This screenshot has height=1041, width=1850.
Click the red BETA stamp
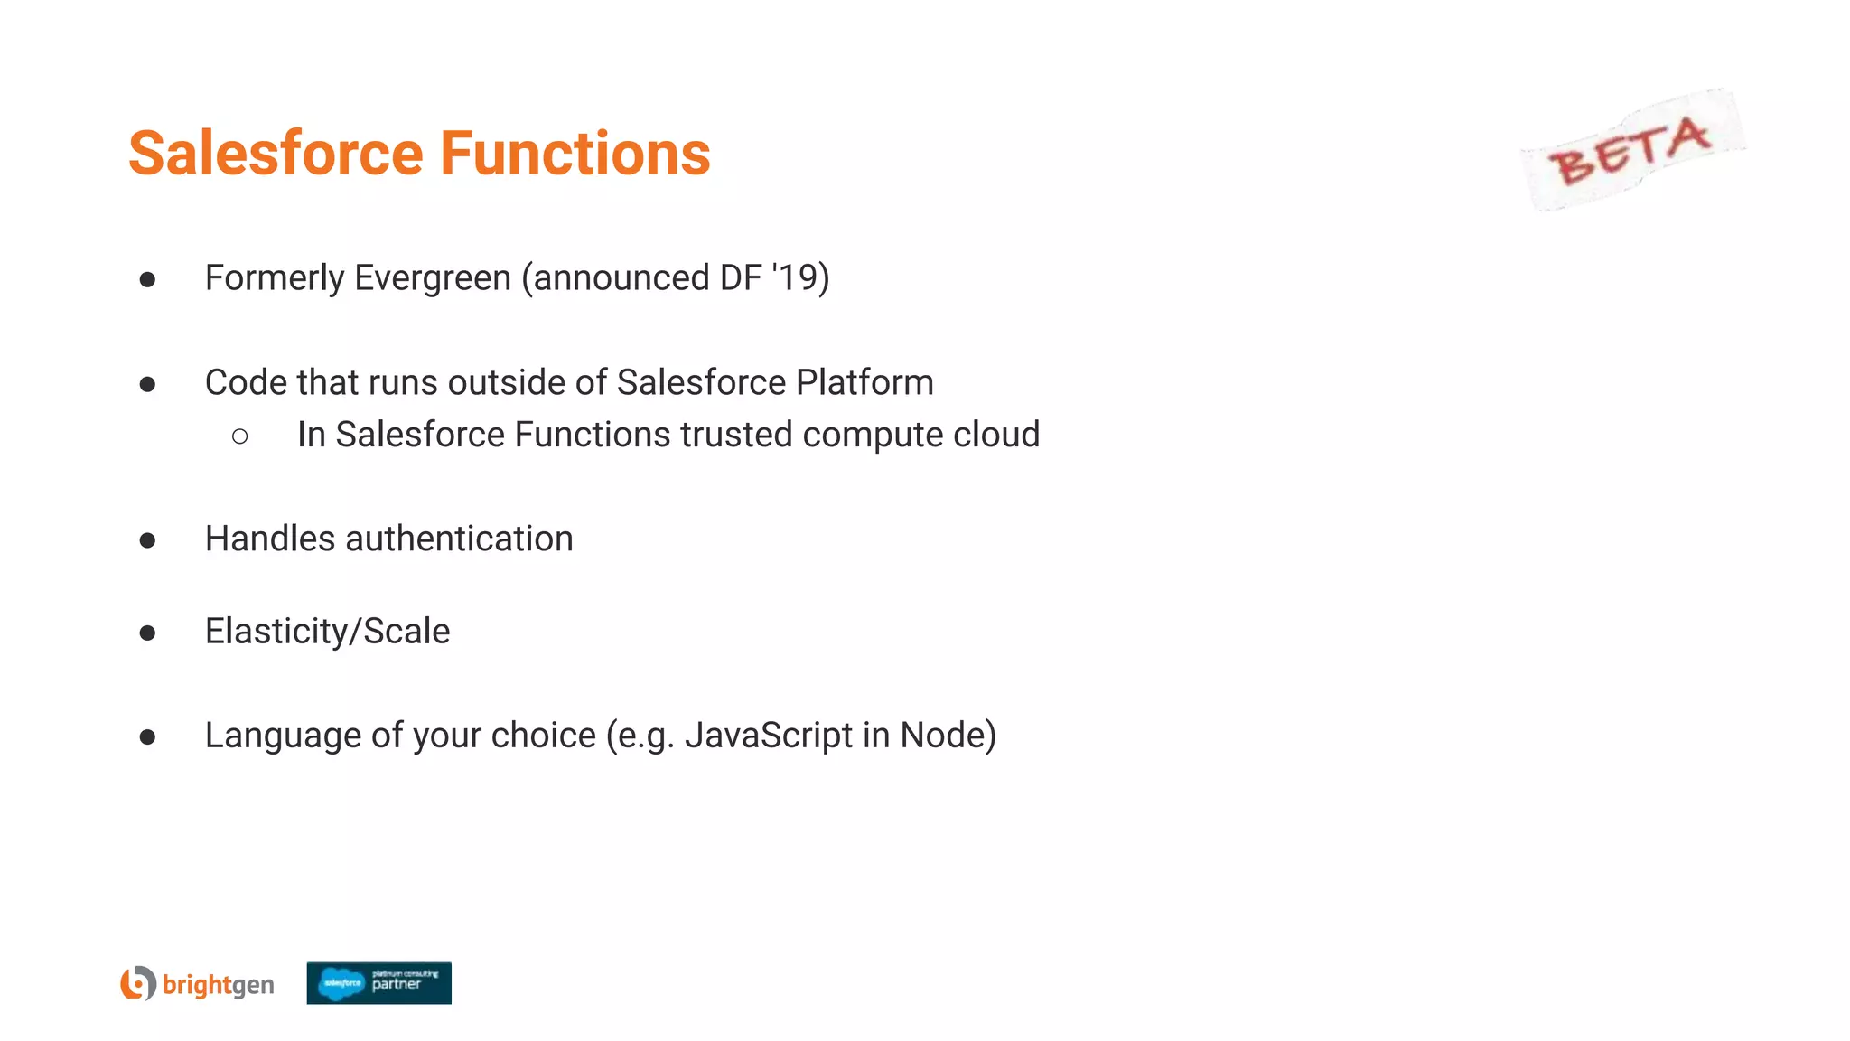[x=1631, y=150]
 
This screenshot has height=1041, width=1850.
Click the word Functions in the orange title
[x=575, y=153]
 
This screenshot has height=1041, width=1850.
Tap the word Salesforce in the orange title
[x=276, y=153]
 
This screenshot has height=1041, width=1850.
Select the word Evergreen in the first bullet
[x=433, y=277]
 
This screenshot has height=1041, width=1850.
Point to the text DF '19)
[x=774, y=277]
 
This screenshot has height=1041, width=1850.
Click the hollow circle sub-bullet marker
[x=240, y=437]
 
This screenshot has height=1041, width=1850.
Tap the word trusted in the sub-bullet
[x=736, y=435]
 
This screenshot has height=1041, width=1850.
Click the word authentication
[x=459, y=539]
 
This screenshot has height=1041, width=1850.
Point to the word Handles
[x=270, y=539]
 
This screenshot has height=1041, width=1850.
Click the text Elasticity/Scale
[x=327, y=631]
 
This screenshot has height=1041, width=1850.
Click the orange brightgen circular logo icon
[x=138, y=983]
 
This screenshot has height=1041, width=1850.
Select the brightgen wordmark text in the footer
[x=218, y=984]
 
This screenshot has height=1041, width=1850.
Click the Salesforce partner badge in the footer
[x=378, y=983]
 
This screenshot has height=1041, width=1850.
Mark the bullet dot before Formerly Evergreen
[x=147, y=280]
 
